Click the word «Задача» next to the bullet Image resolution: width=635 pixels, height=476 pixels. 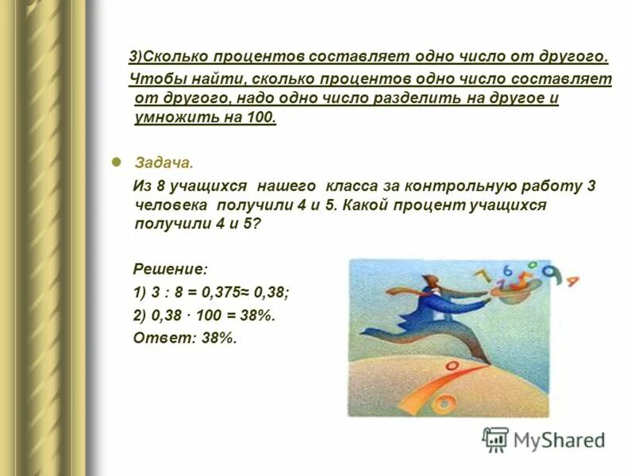pos(164,163)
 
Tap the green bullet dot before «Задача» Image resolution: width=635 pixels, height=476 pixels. pos(116,161)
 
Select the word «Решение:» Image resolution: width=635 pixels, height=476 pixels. pos(170,270)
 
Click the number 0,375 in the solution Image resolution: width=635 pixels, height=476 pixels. pos(215,292)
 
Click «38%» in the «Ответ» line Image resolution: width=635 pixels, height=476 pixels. pos(219,337)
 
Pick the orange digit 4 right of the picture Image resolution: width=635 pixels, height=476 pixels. pos(572,280)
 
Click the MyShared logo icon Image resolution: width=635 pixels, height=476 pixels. pos(495,440)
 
